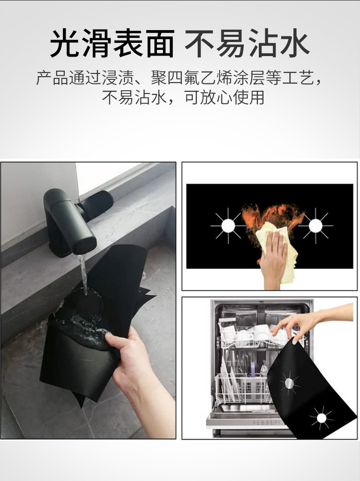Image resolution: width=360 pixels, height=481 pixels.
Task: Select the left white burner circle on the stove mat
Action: (228, 225)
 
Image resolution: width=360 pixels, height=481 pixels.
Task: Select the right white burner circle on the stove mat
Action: (316, 225)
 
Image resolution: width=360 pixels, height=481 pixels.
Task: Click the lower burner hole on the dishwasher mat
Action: (321, 417)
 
